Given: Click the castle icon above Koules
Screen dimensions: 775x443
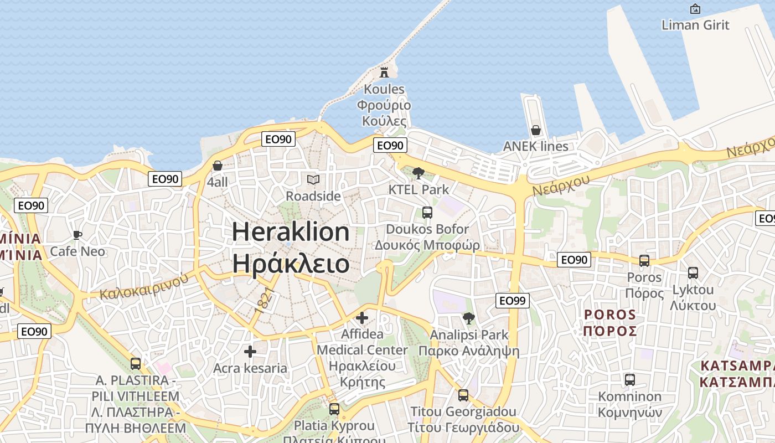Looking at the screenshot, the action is pos(384,72).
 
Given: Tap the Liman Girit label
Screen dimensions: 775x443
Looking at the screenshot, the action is pos(695,25).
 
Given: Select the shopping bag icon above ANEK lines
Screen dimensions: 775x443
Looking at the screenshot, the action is pos(535,130).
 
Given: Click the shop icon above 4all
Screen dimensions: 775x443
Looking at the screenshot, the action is pos(218,166).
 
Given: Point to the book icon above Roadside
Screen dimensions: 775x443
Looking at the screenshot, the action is pos(313,179).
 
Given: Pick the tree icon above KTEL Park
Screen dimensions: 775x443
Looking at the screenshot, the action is pos(418,173).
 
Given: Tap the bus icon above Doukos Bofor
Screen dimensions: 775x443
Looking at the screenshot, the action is pos(427,212).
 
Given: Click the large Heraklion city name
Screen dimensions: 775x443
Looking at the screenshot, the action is pos(291,231).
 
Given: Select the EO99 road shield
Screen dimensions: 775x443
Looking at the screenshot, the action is pos(512,301).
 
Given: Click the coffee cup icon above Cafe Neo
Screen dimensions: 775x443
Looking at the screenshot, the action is pos(77,235).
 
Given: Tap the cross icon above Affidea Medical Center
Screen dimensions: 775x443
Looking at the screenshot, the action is pos(362,318).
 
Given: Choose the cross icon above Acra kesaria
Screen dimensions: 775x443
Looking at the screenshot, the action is pos(250,352).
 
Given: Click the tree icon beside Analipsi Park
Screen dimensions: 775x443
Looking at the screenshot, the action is pos(469,318).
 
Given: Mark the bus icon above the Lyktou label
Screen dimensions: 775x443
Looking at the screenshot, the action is pos(693,272).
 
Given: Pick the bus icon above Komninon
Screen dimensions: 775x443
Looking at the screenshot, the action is pos(629,379).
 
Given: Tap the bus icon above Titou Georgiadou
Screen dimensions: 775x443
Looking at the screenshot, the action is pos(463,395).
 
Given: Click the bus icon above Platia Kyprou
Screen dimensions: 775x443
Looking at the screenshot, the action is pos(334,409).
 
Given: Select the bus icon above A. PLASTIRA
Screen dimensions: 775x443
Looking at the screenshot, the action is pos(136,364).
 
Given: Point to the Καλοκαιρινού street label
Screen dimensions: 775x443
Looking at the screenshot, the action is pos(144,287).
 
